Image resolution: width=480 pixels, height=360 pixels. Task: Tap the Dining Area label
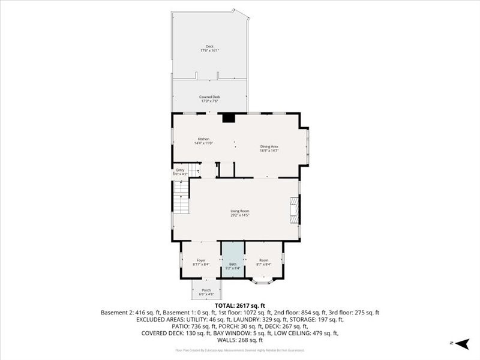(269, 146)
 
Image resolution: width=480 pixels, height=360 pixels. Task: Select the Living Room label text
(240, 211)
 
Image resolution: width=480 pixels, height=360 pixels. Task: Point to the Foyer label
(201, 260)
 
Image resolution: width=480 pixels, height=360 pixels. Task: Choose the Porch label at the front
(206, 290)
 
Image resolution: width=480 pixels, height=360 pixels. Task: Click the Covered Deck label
(209, 97)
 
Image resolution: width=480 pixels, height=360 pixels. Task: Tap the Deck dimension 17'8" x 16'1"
(209, 50)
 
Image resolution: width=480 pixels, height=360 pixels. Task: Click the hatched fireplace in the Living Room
(294, 210)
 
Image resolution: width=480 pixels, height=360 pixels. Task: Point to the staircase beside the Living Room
(181, 198)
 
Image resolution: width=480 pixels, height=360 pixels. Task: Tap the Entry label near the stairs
(180, 170)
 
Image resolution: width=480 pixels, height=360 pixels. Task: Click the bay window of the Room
(263, 280)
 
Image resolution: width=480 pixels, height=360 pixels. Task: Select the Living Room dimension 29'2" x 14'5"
(240, 215)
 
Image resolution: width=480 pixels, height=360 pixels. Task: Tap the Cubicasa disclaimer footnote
(239, 350)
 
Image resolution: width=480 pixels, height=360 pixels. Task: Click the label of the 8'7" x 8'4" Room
(263, 260)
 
